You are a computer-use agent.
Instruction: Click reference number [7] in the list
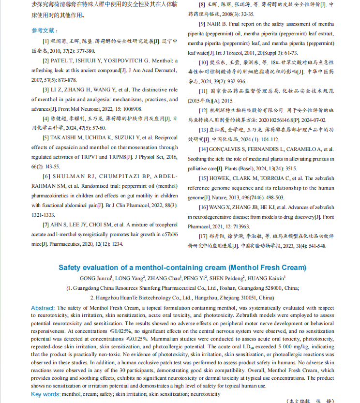[x=46, y=225]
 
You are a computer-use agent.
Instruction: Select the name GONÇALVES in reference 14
[x=229, y=149]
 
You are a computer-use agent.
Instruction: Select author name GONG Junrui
[x=96, y=278]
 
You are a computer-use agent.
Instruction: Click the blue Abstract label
[x=43, y=308]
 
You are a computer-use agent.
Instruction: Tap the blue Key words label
[x=45, y=394]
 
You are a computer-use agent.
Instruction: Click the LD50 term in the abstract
[x=247, y=346]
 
